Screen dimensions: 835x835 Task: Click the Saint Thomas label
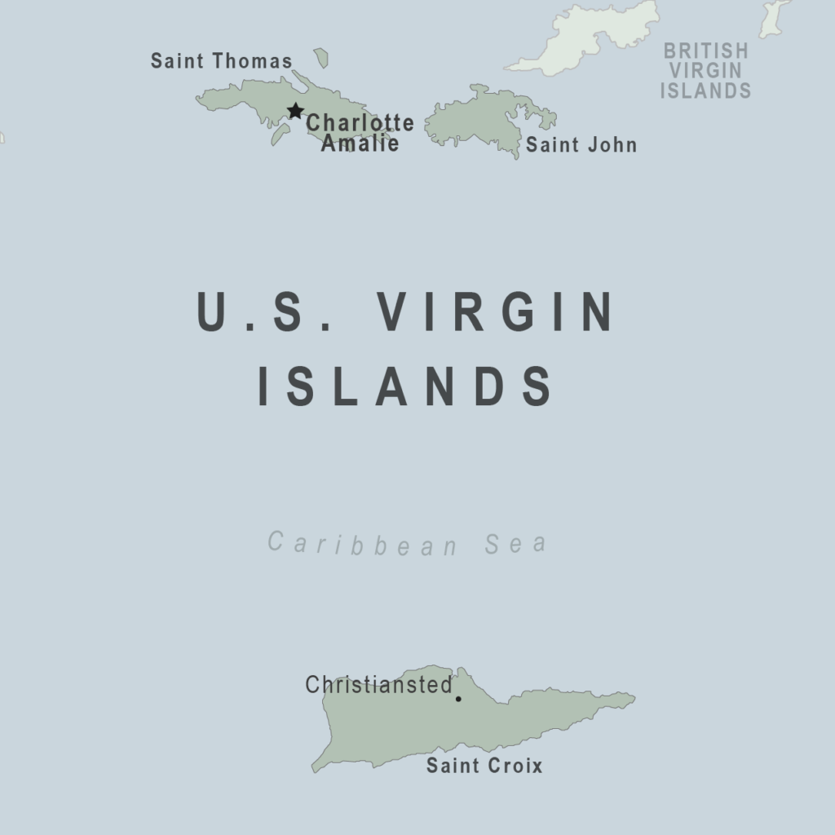(x=221, y=61)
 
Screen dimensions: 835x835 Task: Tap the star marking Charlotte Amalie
(x=295, y=111)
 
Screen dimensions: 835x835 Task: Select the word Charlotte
(x=360, y=123)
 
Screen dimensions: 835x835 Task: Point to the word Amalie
(x=360, y=144)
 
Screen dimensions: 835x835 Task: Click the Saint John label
(x=581, y=145)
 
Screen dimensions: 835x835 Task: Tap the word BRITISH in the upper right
(x=705, y=51)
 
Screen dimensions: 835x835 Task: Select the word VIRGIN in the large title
(x=497, y=311)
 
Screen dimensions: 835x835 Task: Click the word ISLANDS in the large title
(x=405, y=387)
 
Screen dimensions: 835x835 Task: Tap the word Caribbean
(x=363, y=543)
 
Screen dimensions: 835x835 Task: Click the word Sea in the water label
(x=515, y=543)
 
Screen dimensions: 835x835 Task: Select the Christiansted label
(x=378, y=685)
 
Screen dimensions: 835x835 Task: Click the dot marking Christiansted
(x=458, y=699)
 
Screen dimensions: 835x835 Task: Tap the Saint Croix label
(x=484, y=766)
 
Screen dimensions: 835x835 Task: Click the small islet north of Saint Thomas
(x=321, y=58)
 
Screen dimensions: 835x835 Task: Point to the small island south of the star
(x=280, y=135)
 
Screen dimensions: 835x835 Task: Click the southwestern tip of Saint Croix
(x=315, y=769)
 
